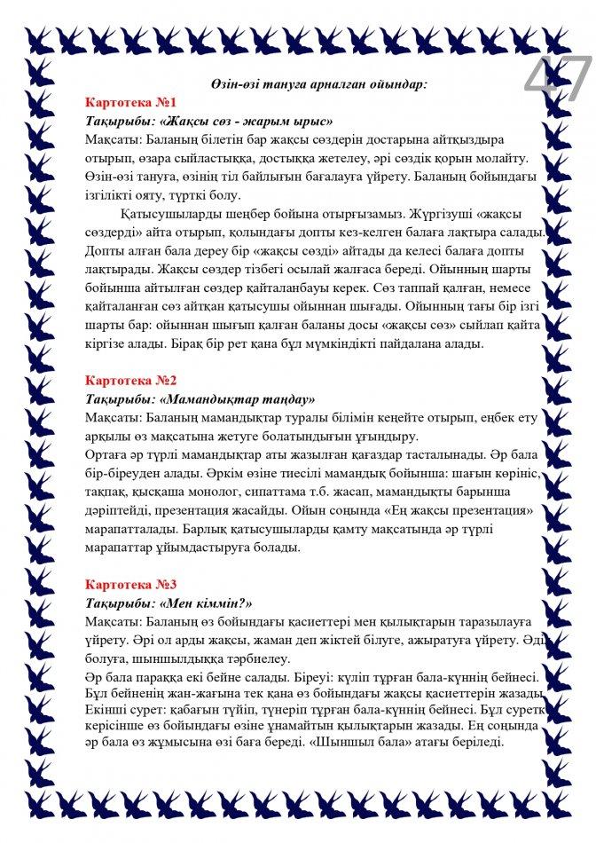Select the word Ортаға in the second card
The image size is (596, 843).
(x=107, y=455)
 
